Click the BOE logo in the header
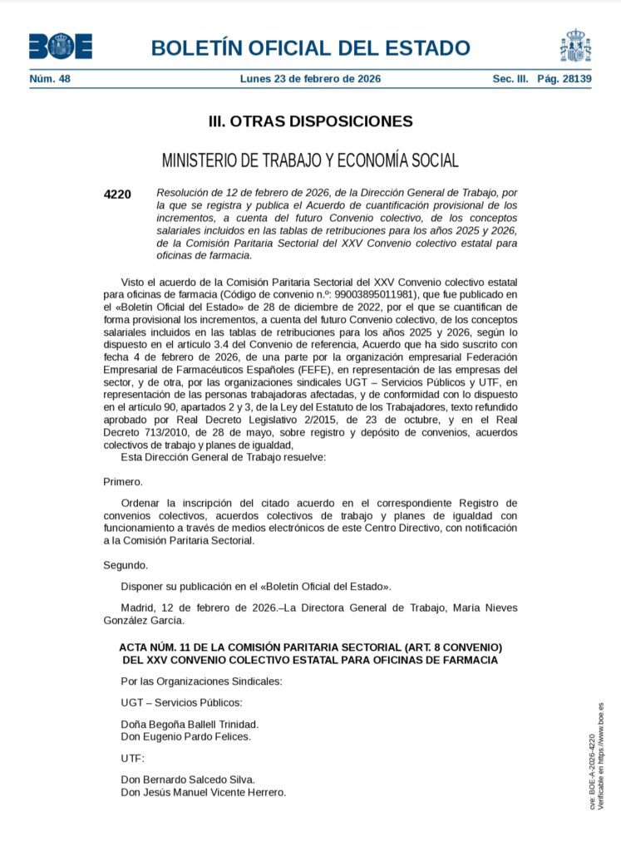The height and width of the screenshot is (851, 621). pos(61,46)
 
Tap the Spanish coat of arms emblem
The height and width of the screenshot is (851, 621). pos(575,46)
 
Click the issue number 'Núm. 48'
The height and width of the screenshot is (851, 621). pos(50,79)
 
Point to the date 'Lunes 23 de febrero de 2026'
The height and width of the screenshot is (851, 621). pos(310,79)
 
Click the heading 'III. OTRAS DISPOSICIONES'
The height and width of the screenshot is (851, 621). pos(310,121)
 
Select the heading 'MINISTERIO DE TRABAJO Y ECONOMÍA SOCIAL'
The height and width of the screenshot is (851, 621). pos(310,160)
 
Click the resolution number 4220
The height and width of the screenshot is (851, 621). pos(117,194)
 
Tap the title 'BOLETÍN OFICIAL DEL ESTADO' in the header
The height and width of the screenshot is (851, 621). pos(310,48)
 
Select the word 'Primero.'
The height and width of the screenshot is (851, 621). pos(123,482)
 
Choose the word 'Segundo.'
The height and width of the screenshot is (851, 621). pos(126,565)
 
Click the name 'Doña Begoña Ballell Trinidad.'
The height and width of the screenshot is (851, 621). pos(190,723)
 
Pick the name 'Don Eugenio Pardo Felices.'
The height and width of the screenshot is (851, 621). pos(185,736)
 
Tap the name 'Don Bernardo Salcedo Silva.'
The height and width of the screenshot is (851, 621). pos(188,780)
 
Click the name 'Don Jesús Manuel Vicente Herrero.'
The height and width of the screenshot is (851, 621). pos(203,793)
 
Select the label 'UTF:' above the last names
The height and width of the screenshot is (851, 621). pos(132,758)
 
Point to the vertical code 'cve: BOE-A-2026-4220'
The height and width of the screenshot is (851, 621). pos(592,771)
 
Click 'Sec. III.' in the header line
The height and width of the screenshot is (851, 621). pos(510,79)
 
